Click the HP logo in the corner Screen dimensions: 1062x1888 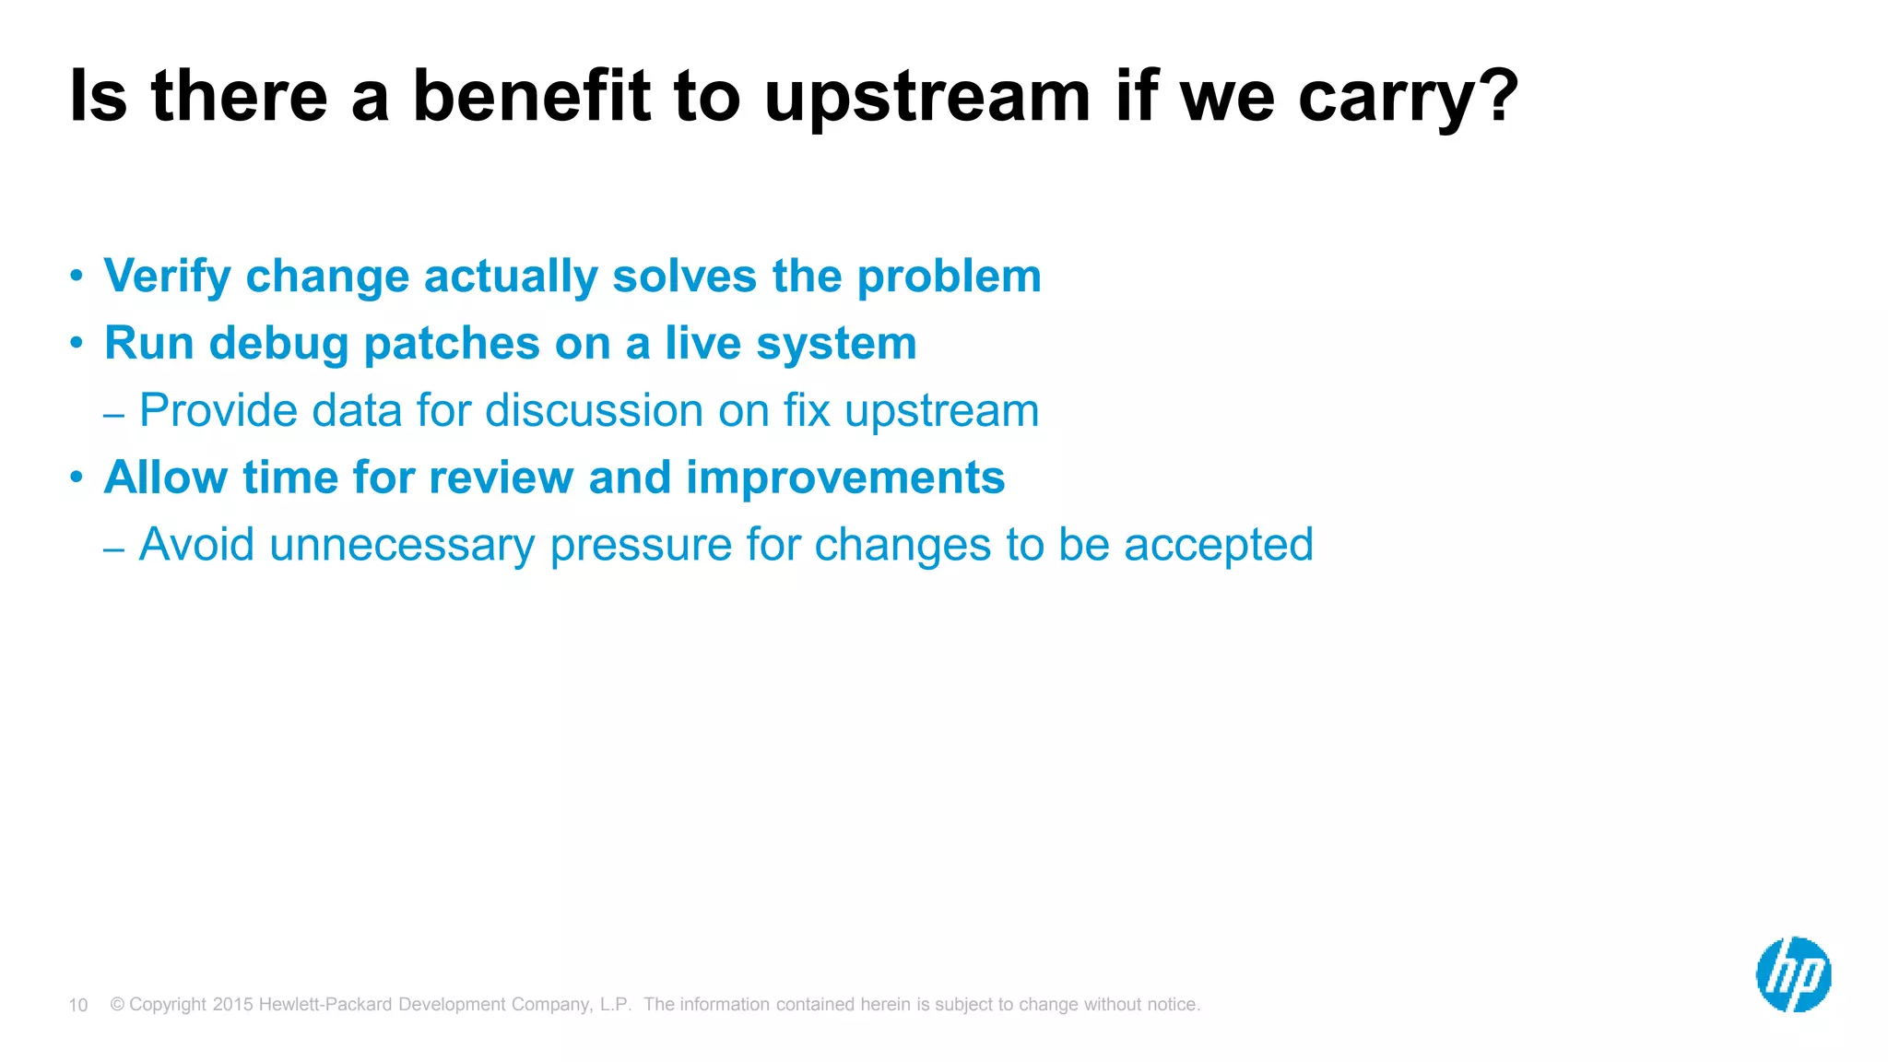coord(1793,974)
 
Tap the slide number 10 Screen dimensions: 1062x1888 coord(78,1005)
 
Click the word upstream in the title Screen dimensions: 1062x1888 coord(927,97)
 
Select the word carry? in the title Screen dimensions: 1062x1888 coord(1408,97)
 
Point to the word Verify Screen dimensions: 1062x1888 coord(167,277)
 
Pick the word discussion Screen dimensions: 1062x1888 coord(594,410)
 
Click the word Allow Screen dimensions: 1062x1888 coord(166,478)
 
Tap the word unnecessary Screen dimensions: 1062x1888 coord(402,545)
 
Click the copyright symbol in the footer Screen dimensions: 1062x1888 coord(117,1004)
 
